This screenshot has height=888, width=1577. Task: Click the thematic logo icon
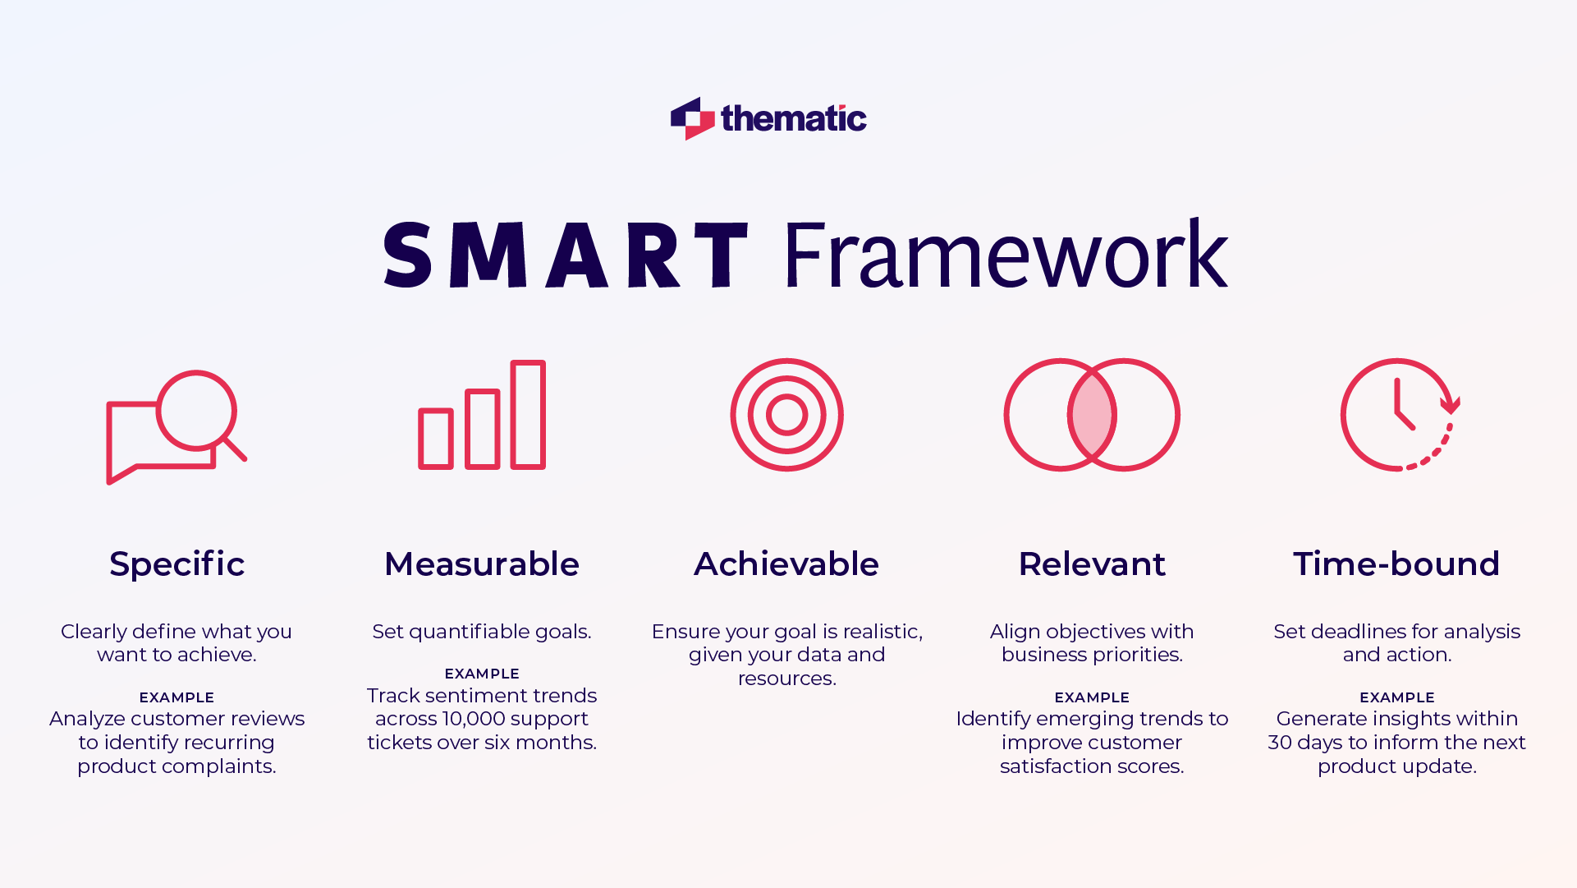[x=692, y=118]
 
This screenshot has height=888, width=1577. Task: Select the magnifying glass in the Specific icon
[x=197, y=410]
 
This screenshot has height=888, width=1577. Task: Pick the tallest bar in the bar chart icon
[x=528, y=415]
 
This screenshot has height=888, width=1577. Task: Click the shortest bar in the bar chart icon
[x=436, y=439]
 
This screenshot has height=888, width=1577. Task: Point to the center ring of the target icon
[x=786, y=415]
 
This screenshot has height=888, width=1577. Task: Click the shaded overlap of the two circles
[x=1092, y=415]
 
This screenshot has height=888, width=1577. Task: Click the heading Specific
[x=177, y=564]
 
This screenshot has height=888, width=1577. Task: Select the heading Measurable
[x=482, y=564]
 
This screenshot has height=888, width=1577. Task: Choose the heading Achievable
[x=786, y=564]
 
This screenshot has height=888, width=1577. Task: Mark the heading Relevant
[x=1092, y=564]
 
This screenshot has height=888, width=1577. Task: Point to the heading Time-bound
[x=1396, y=564]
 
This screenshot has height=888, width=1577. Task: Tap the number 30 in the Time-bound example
[x=1280, y=743]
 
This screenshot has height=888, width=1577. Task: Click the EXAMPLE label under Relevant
[x=1092, y=697]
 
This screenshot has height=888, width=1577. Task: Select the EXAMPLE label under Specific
[x=176, y=697]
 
